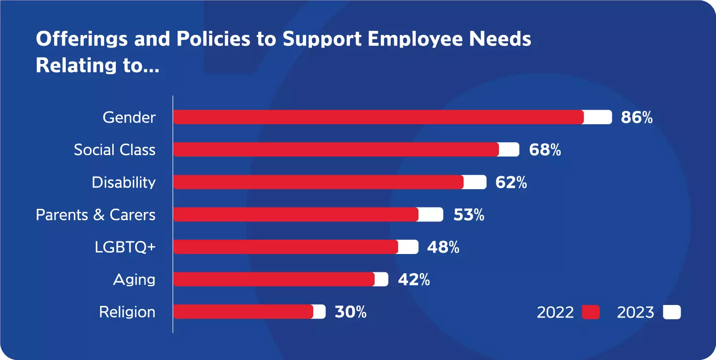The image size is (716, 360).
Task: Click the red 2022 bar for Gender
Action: pos(378,117)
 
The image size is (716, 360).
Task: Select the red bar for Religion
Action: pos(243,312)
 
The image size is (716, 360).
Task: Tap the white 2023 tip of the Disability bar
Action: pos(475,182)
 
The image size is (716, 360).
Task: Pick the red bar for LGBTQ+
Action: pos(286,247)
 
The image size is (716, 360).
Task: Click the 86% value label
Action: pos(636,117)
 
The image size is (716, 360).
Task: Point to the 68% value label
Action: pos(545,150)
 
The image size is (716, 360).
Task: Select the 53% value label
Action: pos(469,215)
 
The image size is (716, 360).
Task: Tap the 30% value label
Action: pos(350,312)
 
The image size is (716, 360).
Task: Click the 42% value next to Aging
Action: pos(413,280)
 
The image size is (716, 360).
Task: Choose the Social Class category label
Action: pos(115,150)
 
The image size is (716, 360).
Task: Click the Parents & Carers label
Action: pos(95,215)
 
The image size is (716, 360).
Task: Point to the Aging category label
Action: pos(134,280)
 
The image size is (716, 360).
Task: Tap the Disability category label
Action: pos(124,182)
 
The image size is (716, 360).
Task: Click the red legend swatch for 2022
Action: pos(591,312)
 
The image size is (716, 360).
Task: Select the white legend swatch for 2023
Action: pos(672,312)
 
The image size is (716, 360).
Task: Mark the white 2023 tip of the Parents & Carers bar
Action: pos(430,215)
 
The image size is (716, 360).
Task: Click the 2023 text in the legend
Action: pos(635,312)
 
